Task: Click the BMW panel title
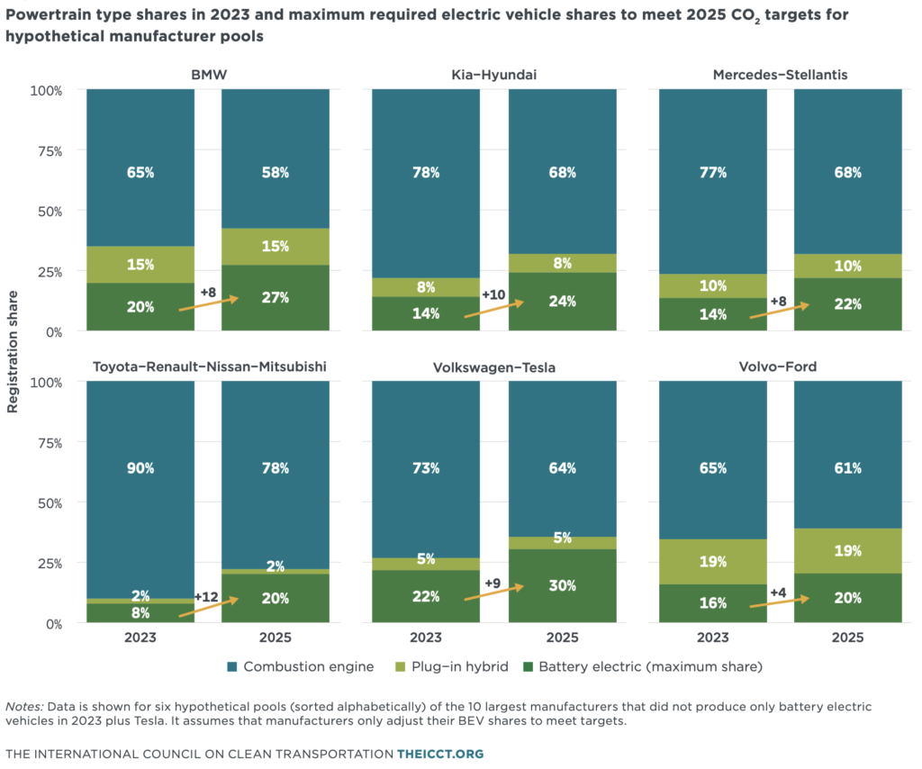pos(208,75)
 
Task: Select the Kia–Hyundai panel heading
pos(494,75)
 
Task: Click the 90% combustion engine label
pos(140,468)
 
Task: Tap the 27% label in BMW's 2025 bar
pos(275,298)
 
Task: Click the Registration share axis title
pos(13,357)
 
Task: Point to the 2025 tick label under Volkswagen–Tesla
pos(562,637)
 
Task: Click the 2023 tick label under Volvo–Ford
pos(712,637)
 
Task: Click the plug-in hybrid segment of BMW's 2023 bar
pos(140,264)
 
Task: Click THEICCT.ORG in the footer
pos(442,753)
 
